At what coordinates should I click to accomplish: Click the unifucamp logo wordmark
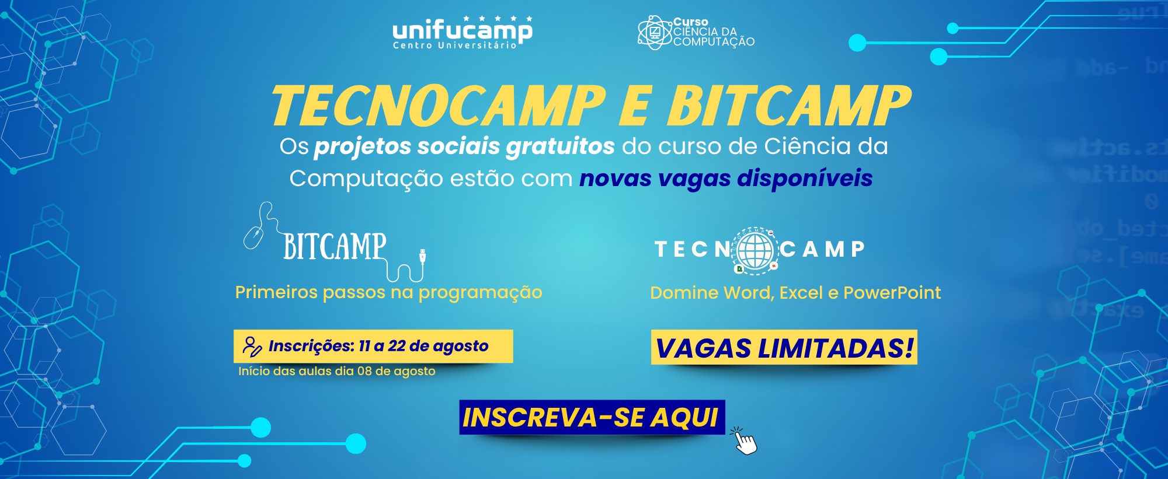[x=463, y=32]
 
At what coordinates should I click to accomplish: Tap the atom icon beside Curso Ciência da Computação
[x=655, y=32]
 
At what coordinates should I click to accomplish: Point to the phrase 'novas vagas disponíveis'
[x=726, y=179]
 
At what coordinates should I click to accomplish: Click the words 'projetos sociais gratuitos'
[x=464, y=147]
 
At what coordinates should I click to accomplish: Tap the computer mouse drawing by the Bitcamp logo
[x=253, y=237]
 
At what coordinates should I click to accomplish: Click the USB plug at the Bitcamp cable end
[x=422, y=256]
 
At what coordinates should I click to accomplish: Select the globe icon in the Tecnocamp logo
[x=755, y=250]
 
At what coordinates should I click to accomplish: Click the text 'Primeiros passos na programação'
[x=388, y=292]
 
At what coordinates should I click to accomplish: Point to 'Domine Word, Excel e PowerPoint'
[x=795, y=292]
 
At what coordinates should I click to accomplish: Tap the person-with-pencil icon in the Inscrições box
[x=252, y=347]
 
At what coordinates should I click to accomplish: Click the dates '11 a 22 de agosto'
[x=423, y=346]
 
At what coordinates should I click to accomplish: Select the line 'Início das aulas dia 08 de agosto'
[x=337, y=371]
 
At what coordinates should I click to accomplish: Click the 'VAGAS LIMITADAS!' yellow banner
[x=784, y=348]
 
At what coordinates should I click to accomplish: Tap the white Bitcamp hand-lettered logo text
[x=335, y=246]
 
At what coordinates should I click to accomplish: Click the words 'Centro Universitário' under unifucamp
[x=455, y=46]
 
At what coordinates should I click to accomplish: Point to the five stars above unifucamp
[x=498, y=19]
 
